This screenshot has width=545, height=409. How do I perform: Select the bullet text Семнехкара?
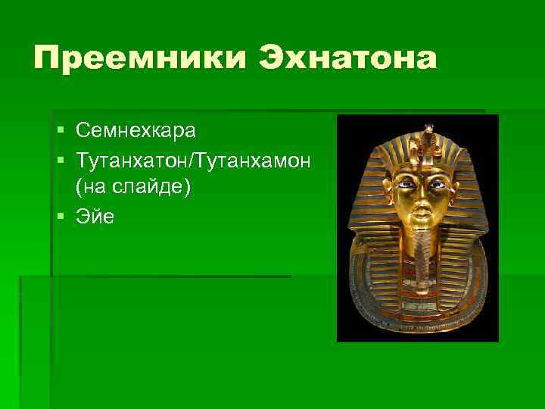(135, 131)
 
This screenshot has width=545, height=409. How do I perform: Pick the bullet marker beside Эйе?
(61, 217)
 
